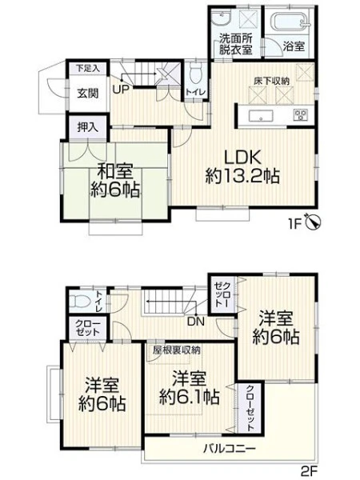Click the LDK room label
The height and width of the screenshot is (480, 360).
(242, 158)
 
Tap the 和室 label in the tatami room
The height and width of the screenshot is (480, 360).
(115, 171)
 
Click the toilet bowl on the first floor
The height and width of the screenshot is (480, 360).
(195, 74)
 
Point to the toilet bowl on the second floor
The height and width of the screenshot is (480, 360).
(79, 301)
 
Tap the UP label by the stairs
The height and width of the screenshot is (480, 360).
(121, 89)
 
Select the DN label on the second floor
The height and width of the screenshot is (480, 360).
(196, 322)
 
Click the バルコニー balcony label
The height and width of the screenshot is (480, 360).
(230, 450)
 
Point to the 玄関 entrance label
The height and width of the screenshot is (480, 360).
(88, 93)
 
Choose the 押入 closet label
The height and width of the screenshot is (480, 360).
(88, 127)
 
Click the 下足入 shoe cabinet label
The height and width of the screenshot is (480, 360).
(88, 68)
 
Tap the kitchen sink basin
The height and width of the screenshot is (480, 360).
(261, 116)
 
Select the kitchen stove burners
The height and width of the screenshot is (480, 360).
(301, 114)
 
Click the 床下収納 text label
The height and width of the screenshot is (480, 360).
(271, 81)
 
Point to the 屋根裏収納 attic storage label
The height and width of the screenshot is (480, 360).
(177, 350)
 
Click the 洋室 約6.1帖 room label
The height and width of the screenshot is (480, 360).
(189, 388)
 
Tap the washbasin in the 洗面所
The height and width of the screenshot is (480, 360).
(221, 19)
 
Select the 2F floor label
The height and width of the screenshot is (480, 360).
(310, 470)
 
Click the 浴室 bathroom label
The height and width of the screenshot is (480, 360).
(294, 46)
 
